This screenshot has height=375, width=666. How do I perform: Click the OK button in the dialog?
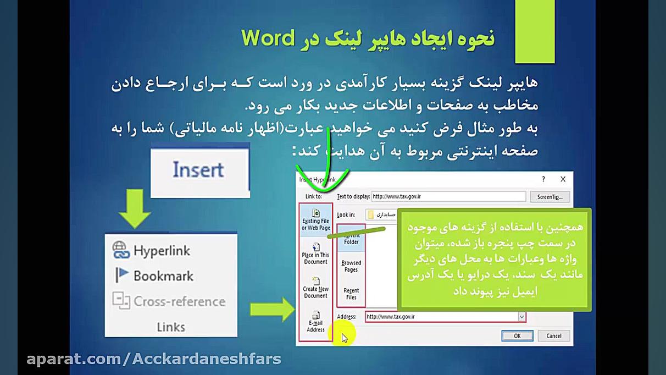517,336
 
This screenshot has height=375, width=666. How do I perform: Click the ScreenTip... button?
550,197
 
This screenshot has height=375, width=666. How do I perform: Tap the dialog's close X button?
563,179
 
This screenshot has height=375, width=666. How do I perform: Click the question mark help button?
543,179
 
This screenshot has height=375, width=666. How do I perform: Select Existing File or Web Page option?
316,220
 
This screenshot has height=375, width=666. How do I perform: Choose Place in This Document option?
316,254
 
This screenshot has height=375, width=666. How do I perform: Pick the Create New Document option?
316,288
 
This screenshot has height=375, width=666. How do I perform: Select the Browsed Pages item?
351,266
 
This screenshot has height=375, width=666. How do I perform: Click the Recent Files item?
351,294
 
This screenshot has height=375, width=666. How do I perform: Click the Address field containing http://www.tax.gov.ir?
440,317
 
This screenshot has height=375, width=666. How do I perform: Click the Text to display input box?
448,196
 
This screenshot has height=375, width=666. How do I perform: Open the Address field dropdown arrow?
521,317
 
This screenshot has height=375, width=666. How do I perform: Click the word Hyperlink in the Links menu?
162,251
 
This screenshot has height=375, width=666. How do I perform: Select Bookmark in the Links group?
163,276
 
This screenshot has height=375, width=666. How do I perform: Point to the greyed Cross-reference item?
179,301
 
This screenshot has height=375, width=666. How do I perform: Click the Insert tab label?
198,169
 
